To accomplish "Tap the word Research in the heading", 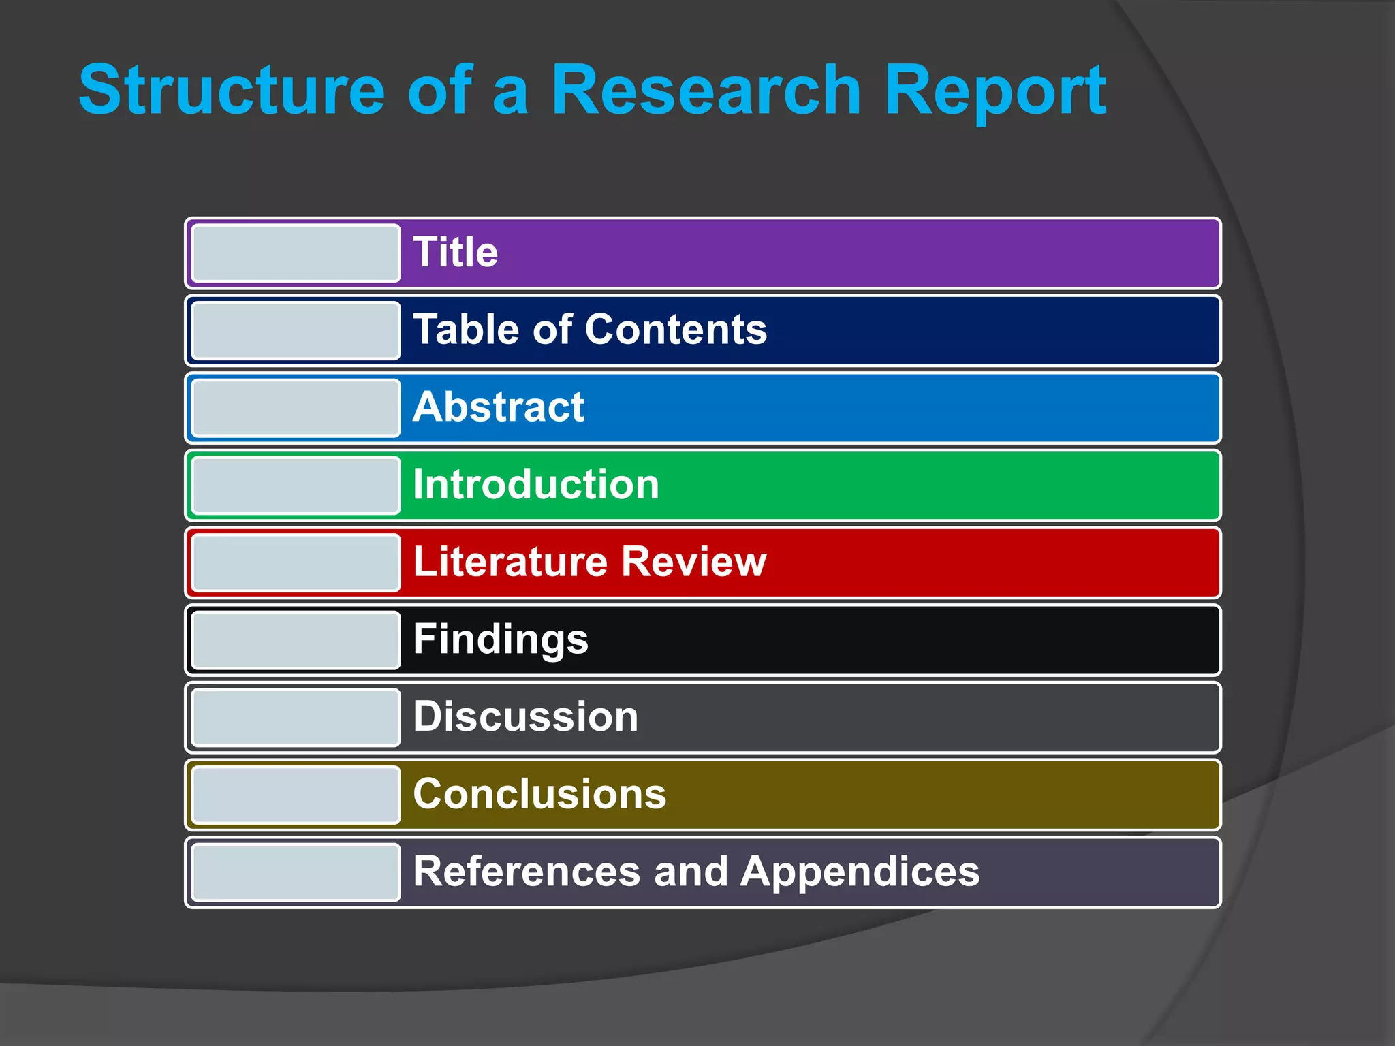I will (x=706, y=90).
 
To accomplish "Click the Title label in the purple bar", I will (x=455, y=252).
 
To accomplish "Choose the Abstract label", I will (x=499, y=407).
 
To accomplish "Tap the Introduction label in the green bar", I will (x=536, y=485).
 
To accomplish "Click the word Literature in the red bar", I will (x=510, y=562).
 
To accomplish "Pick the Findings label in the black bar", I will (x=501, y=640).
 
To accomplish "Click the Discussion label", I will (x=526, y=717).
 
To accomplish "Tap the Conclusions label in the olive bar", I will (x=539, y=795).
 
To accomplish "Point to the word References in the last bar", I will (x=527, y=872).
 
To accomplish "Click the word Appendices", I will (x=860, y=873).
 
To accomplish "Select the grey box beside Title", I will (x=296, y=253).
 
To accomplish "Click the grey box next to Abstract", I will (x=296, y=408).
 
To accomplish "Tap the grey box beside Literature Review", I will (x=296, y=562).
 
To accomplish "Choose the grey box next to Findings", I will (x=296, y=640).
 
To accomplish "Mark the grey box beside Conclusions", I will (x=296, y=795).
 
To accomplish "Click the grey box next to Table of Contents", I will (x=296, y=330).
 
